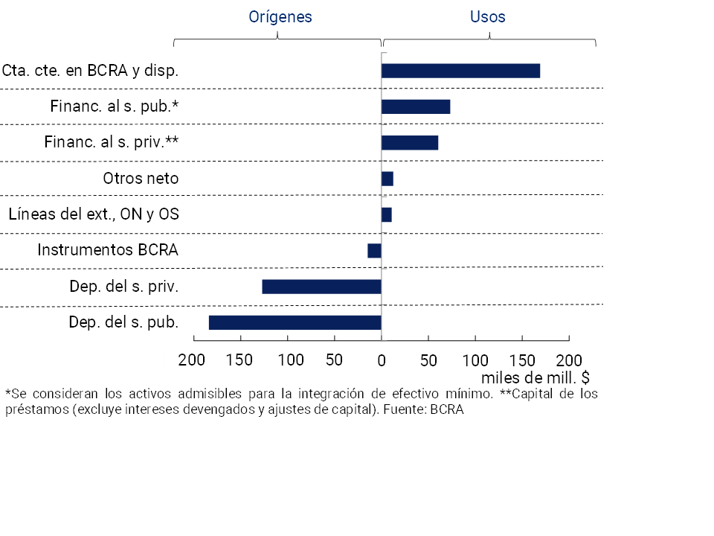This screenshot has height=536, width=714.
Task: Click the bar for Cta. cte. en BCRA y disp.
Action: click(x=460, y=71)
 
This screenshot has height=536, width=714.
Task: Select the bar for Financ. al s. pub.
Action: click(x=416, y=106)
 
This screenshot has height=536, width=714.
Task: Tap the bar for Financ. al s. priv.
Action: click(x=410, y=142)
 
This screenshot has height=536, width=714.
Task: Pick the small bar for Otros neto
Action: click(x=387, y=179)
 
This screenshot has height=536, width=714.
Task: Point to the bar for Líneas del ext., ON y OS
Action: click(x=387, y=214)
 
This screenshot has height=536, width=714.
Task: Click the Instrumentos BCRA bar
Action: click(x=374, y=251)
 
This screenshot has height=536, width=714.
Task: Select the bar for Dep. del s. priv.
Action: click(x=321, y=287)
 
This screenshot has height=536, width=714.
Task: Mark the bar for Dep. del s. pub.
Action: click(x=295, y=322)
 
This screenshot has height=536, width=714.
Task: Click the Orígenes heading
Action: click(x=280, y=16)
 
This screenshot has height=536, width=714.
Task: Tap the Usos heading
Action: click(x=487, y=16)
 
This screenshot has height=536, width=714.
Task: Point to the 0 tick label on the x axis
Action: click(x=382, y=361)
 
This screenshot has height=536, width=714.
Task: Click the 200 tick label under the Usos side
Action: click(x=569, y=361)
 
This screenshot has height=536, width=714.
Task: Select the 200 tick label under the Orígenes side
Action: click(x=192, y=360)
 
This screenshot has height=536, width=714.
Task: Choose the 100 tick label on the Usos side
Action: click(x=475, y=361)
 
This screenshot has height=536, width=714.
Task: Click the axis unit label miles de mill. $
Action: click(x=536, y=377)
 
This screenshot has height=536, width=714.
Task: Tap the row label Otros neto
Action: click(x=141, y=179)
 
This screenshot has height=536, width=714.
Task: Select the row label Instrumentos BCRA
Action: click(x=108, y=250)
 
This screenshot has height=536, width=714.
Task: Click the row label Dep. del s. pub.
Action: click(x=123, y=322)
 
